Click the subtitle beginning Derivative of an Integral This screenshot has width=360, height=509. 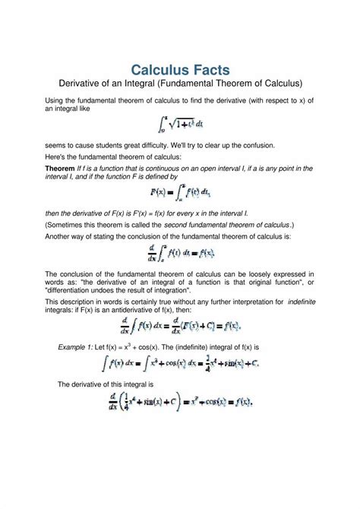tap(180, 82)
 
